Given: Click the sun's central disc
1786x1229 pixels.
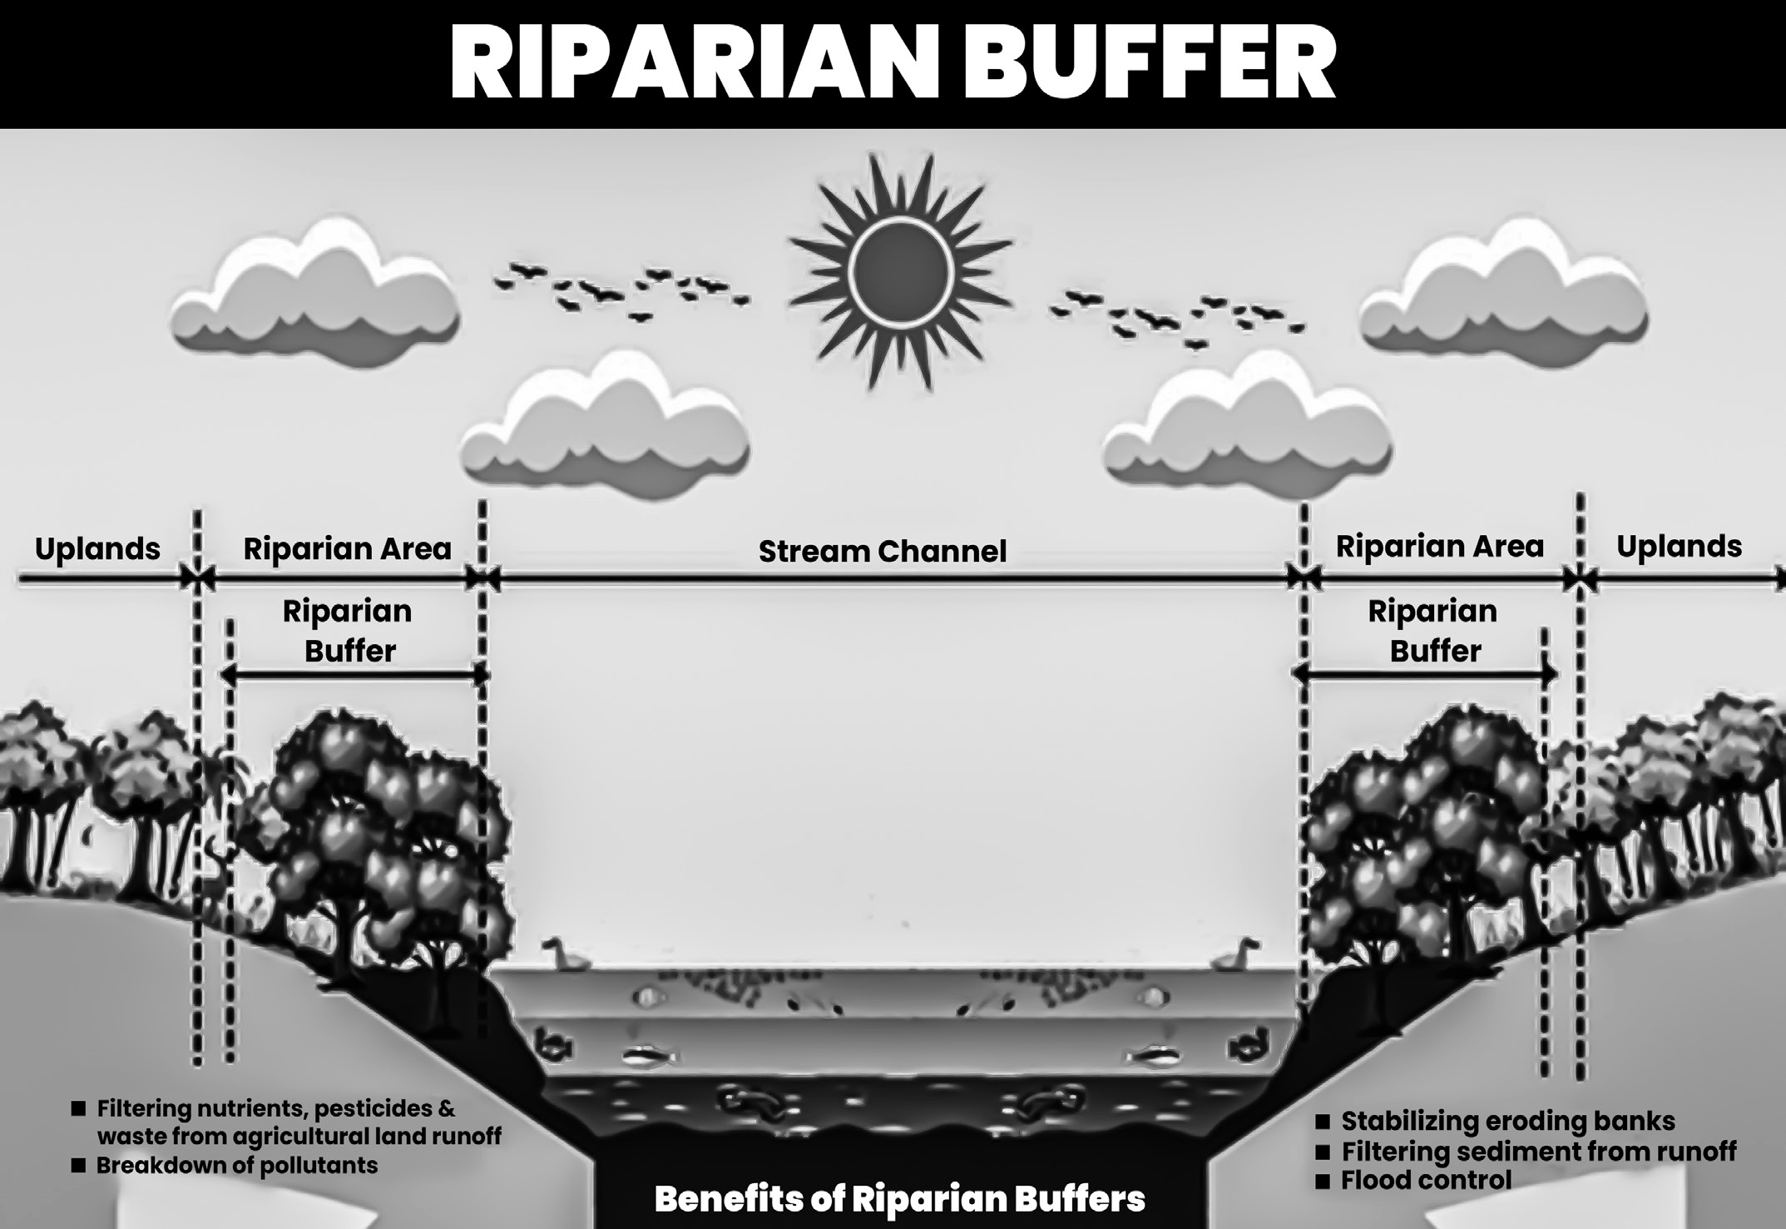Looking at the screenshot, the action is pos(899,270).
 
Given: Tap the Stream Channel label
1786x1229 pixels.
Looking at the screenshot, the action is pos(883,552).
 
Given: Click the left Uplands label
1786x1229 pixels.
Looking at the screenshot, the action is pos(97,549).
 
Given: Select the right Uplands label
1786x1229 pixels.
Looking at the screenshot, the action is pos(1679,547).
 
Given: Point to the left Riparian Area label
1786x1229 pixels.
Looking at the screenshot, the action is pos(347,549).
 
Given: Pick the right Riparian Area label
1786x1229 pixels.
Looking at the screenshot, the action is pos(1439,547).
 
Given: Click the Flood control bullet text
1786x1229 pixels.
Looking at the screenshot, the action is pos(1426,1180).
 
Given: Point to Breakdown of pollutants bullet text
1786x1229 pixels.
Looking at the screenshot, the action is pos(237,1165).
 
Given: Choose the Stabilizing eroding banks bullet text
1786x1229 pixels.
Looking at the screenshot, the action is pos(1507,1121).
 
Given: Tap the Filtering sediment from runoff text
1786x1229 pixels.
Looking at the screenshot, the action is pos(1539,1152).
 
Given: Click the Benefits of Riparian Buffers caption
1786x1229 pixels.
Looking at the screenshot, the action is pos(899,1199).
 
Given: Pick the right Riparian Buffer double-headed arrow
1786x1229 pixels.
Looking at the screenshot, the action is pos(1425,674).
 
